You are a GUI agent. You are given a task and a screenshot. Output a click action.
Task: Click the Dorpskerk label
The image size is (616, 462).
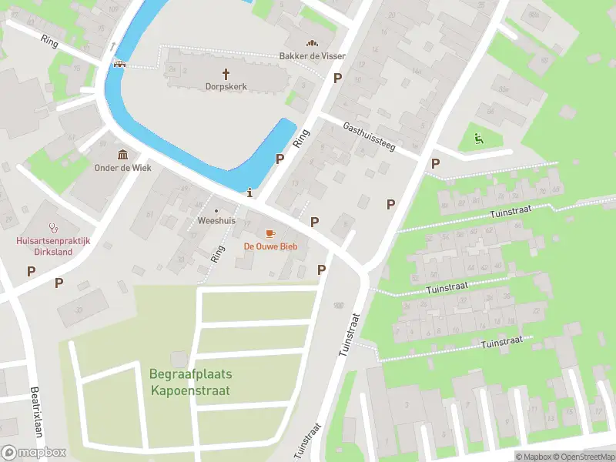[x=226, y=88]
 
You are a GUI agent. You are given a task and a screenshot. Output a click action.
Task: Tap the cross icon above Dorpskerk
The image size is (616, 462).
[x=226, y=74]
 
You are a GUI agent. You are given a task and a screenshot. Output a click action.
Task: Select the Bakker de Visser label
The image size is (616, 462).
[x=312, y=56]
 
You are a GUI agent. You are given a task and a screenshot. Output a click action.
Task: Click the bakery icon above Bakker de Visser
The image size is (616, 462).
[x=312, y=43]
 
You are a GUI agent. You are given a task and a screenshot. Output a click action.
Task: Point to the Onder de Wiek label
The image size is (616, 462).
[x=123, y=168]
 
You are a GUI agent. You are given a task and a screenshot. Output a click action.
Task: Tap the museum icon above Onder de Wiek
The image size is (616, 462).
[x=123, y=155]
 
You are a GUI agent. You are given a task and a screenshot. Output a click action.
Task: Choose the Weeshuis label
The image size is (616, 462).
[x=216, y=219]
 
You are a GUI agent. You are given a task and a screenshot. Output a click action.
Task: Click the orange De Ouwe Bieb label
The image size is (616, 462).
[x=270, y=246]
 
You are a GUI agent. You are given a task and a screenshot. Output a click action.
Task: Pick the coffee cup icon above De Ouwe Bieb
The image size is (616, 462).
[x=270, y=233]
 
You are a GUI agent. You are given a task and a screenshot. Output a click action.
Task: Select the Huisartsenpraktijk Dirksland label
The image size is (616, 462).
[x=54, y=246]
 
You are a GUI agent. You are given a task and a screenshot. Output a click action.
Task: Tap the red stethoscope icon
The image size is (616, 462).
[x=54, y=228]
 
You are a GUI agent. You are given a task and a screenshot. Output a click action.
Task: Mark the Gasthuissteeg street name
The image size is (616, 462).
[x=369, y=136]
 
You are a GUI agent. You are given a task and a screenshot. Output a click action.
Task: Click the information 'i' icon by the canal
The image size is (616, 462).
[x=249, y=192]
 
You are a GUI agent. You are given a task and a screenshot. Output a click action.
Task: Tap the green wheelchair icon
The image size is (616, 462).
[x=477, y=139]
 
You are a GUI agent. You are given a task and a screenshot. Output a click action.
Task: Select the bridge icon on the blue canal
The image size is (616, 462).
[x=120, y=63]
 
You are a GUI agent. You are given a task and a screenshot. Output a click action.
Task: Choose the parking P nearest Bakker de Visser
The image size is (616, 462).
[x=336, y=78]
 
